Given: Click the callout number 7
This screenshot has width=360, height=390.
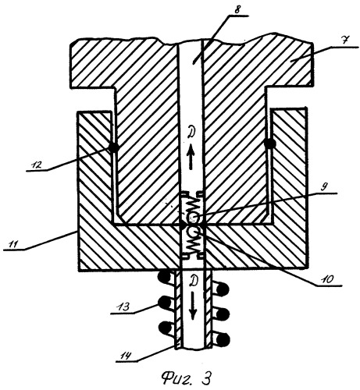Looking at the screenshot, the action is pyautogui.click(x=346, y=41).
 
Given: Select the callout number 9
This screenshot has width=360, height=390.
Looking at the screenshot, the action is pyautogui.click(x=323, y=187).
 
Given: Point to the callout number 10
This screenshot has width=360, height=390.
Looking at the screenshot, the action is pyautogui.click(x=327, y=279).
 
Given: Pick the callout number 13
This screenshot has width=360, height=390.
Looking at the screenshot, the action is pyautogui.click(x=123, y=307).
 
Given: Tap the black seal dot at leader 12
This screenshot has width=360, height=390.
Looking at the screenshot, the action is pyautogui.click(x=113, y=147).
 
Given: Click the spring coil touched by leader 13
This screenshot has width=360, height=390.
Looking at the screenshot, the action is pyautogui.click(x=165, y=302).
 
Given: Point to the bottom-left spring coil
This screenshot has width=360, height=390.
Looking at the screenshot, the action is pyautogui.click(x=166, y=328).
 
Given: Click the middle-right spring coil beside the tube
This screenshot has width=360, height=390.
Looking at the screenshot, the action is pyautogui.click(x=222, y=314).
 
